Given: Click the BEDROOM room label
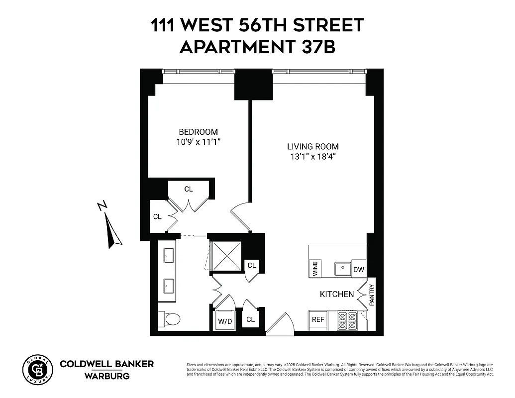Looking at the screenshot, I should click(x=198, y=132).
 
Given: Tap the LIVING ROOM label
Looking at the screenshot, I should click(x=312, y=147).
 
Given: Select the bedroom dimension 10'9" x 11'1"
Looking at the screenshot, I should click(x=198, y=142).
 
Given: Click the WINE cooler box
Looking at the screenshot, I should click(x=314, y=269).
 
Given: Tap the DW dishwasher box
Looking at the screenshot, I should click(x=359, y=270).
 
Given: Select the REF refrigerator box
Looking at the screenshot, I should click(x=317, y=320).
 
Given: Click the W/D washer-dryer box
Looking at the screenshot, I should click(x=225, y=321).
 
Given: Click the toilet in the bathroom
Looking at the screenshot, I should click(x=170, y=318).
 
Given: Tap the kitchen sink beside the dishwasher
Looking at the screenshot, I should click(x=342, y=269).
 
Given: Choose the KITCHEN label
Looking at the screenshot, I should click(x=336, y=295).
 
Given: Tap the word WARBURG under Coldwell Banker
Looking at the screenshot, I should click(x=107, y=376).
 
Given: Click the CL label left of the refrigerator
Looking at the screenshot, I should click(x=250, y=320).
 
